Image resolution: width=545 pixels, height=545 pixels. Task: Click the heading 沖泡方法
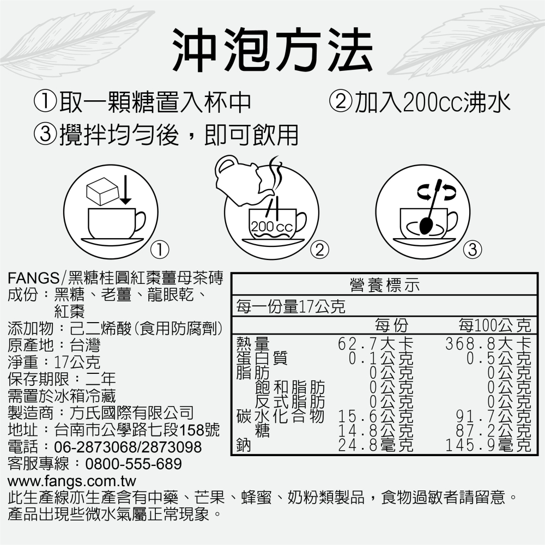pyautogui.click(x=272, y=50)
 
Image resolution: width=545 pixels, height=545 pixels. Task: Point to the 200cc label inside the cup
pyautogui.click(x=272, y=226)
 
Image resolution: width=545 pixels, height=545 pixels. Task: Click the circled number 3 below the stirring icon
pyautogui.click(x=473, y=250)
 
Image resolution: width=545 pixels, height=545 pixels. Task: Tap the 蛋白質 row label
pyautogui.click(x=262, y=359)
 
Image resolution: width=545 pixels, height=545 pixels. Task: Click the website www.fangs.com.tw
pyautogui.click(x=71, y=482)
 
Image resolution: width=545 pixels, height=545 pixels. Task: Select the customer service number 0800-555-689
pyautogui.click(x=134, y=465)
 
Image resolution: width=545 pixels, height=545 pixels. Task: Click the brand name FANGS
pyautogui.click(x=33, y=278)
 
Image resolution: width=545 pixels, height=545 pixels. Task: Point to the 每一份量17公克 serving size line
pyautogui.click(x=289, y=307)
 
